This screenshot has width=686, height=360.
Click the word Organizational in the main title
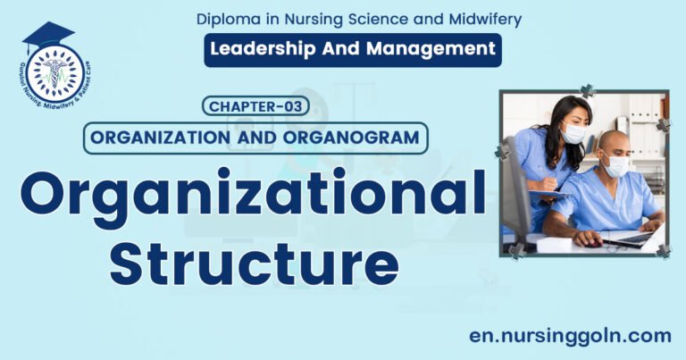pos(253,193)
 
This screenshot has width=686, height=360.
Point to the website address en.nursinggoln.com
pos(570,335)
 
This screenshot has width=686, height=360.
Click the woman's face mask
pos(573,133)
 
